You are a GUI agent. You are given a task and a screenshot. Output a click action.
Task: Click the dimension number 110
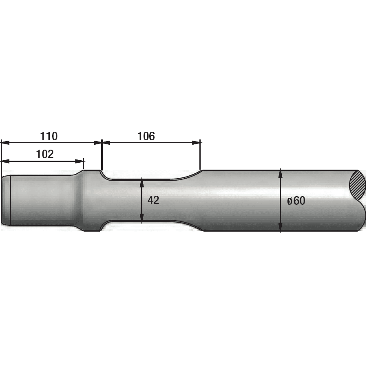(49, 136)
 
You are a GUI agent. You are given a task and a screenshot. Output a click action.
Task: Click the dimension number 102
(45, 154)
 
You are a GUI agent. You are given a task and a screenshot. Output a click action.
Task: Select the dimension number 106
(146, 136)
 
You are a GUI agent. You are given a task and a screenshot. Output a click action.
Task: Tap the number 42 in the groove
(153, 200)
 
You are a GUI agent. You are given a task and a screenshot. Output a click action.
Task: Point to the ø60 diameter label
(296, 201)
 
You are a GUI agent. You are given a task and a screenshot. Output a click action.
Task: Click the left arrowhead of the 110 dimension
(4, 142)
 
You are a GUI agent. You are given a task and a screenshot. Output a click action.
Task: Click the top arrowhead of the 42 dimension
(141, 182)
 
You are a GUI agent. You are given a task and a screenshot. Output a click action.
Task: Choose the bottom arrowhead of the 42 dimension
(141, 218)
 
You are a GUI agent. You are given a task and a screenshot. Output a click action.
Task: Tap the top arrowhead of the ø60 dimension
(281, 172)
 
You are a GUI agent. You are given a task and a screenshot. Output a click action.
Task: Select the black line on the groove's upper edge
(141, 179)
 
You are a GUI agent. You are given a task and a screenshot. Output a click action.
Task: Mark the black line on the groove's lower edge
(141, 221)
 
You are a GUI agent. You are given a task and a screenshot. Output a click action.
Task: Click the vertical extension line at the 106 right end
(200, 157)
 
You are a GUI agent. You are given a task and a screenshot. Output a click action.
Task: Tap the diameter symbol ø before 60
(289, 201)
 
